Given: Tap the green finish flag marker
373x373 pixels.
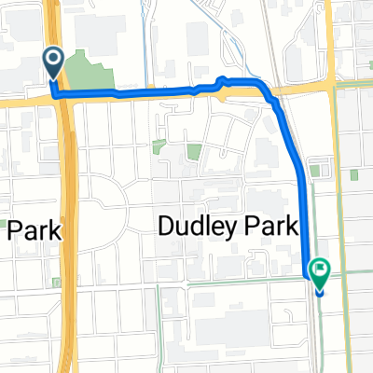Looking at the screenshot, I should [x=320, y=271].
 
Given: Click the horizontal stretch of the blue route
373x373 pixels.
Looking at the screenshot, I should [x=140, y=93].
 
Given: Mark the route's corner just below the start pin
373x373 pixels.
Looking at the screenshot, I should [x=55, y=93].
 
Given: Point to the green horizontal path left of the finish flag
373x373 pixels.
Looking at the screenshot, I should [x=233, y=280].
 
